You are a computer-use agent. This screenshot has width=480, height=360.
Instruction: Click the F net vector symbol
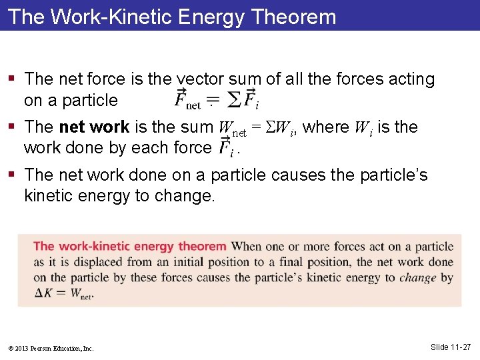click(x=187, y=100)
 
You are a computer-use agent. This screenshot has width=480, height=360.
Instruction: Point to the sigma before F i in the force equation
click(x=234, y=100)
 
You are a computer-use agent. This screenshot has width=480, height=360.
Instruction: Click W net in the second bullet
click(x=232, y=128)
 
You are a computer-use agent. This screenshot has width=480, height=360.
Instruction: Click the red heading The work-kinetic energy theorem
click(x=130, y=247)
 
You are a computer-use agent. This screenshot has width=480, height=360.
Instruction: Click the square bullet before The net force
click(x=13, y=79)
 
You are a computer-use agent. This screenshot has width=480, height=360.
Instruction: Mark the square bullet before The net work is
click(x=13, y=127)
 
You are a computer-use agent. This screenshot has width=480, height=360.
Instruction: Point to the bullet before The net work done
click(x=13, y=175)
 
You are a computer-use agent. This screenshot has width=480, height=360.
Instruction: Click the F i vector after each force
click(x=226, y=147)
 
